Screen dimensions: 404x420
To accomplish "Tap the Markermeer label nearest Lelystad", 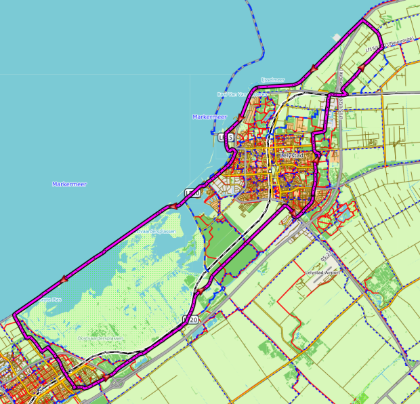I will click(x=209, y=117).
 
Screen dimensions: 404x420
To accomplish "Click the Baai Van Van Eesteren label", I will click(x=233, y=94).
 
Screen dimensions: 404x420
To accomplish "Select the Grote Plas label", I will click(x=51, y=298).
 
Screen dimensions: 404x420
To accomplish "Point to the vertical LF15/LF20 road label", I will click(x=341, y=88).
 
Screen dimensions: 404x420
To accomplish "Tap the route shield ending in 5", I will click(x=227, y=138).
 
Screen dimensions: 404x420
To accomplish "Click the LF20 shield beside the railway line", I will click(x=191, y=319).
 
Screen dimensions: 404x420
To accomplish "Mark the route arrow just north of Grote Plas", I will click(x=65, y=278).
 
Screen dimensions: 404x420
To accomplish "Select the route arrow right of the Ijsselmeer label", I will click(x=314, y=68).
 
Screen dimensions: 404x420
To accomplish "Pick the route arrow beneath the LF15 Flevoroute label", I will click(x=362, y=68).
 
